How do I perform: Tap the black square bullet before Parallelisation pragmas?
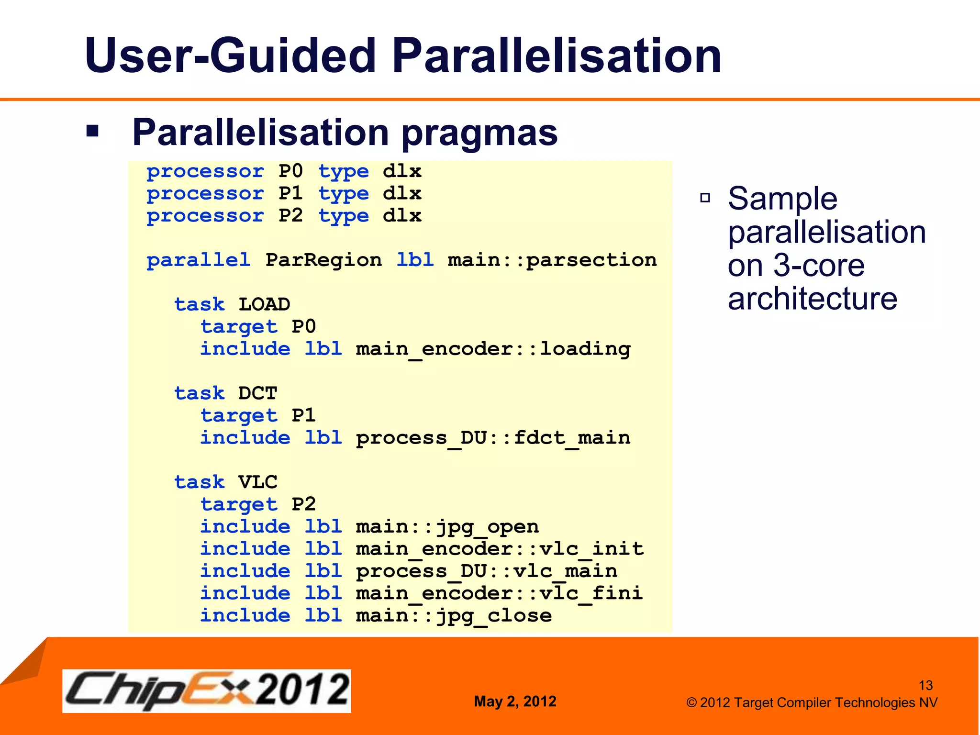tap(92, 131)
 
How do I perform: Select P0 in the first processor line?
tap(290, 171)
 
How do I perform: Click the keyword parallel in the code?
tap(198, 260)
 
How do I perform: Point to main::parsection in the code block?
tap(552, 260)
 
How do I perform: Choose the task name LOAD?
tap(264, 304)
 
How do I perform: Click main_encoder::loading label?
tap(493, 349)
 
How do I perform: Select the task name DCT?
tap(257, 393)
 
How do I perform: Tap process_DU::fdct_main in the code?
tap(493, 438)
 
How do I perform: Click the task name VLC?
tap(257, 482)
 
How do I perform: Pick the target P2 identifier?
tap(303, 504)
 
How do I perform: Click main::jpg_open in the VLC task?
tap(447, 527)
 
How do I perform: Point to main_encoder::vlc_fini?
tap(499, 593)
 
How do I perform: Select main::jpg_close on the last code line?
tap(454, 616)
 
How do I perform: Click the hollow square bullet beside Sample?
tap(705, 198)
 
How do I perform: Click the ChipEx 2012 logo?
tap(207, 690)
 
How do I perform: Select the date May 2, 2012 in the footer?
tap(515, 702)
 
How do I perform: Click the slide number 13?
tap(925, 685)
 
